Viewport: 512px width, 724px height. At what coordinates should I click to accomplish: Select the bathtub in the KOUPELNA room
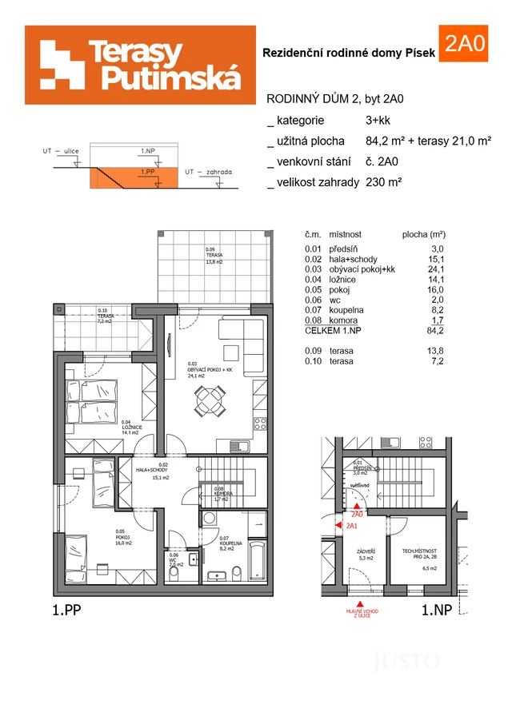tap(258, 561)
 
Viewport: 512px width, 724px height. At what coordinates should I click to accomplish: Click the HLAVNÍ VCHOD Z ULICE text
tap(362, 614)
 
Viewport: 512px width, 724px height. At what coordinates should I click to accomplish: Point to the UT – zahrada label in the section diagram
tap(208, 172)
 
